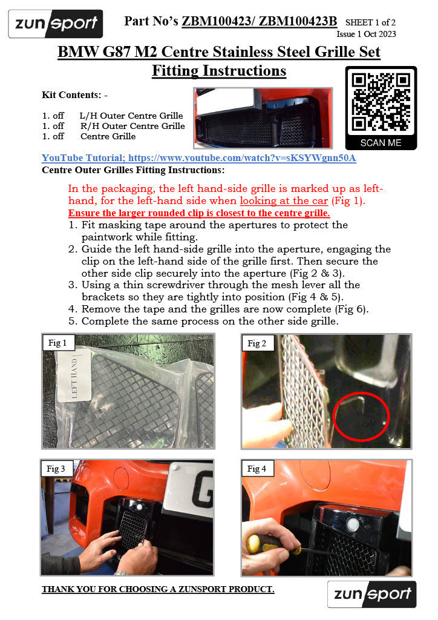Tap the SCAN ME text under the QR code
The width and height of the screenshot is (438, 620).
tap(381, 143)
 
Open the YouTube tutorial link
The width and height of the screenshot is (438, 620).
tap(199, 158)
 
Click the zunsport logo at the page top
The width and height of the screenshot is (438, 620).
tap(56, 24)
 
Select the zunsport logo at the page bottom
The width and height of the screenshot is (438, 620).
tap(371, 594)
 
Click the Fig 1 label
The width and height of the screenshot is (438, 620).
tap(57, 343)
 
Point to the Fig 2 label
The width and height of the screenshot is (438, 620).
tap(257, 343)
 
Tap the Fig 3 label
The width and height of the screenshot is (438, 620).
tap(56, 469)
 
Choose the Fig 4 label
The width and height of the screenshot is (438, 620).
tap(257, 469)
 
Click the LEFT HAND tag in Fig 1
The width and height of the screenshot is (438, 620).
tap(74, 375)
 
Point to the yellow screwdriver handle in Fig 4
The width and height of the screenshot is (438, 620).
tap(261, 544)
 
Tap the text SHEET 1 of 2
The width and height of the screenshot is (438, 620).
tap(370, 22)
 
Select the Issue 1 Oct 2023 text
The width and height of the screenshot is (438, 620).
tap(366, 34)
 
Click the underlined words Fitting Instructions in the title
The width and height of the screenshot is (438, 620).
tap(219, 71)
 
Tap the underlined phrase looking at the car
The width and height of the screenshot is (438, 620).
tap(284, 201)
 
